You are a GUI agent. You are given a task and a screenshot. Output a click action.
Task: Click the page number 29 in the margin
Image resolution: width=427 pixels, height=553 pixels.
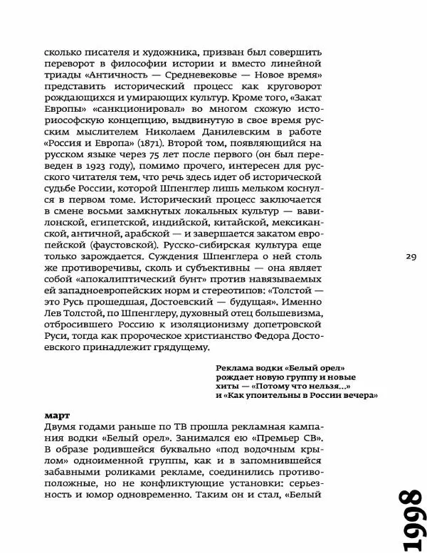(411, 256)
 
